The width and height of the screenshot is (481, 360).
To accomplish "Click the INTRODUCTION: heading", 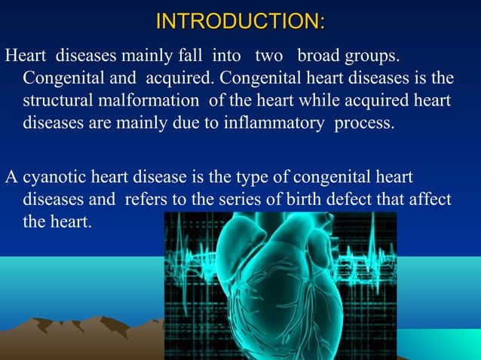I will (240, 20).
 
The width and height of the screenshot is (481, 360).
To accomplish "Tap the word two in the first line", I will (268, 57).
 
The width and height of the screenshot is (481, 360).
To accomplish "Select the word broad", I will (320, 57).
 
